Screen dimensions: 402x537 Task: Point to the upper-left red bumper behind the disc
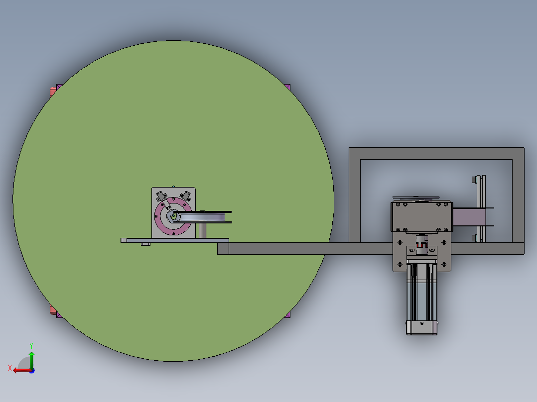[53, 91]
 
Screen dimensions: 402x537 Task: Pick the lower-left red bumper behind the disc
[53, 310]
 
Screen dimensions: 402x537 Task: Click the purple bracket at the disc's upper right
[287, 87]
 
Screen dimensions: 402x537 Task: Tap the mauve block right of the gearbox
[466, 217]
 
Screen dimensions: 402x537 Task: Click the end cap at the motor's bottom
[422, 328]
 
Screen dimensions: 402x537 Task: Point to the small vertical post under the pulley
[202, 230]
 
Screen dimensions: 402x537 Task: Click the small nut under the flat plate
[145, 244]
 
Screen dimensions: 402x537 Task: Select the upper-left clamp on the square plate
[160, 196]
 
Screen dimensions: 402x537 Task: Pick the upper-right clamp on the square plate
[187, 195]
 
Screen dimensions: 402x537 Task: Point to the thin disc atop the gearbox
[416, 198]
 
